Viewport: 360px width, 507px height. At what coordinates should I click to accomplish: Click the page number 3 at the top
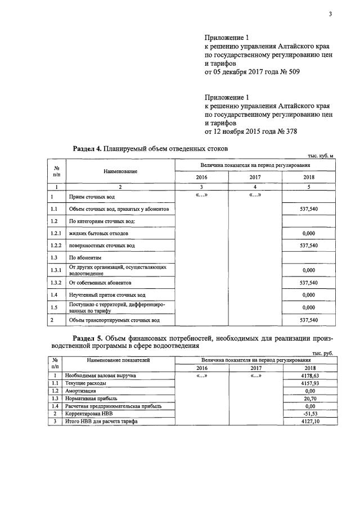pos(331,15)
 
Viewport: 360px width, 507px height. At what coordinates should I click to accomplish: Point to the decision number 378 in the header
pos(289,132)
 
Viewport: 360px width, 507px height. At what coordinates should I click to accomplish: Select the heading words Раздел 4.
pos(87,148)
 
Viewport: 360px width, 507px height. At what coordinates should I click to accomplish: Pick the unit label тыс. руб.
pos(326,353)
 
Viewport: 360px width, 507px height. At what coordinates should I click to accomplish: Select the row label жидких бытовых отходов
pos(98,233)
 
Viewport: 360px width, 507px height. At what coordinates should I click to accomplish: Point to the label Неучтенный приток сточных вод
pos(107,295)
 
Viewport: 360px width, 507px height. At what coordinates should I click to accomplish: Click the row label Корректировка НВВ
pos(91,413)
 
